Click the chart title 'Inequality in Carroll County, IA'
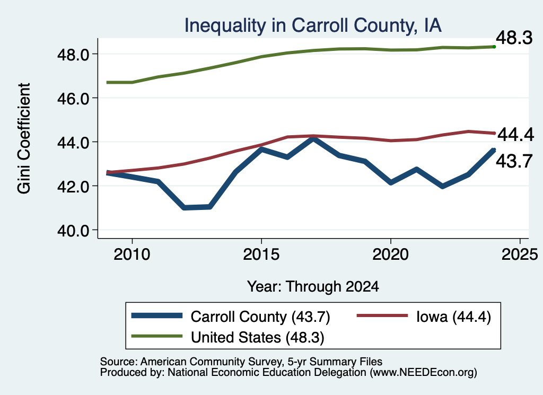pos(313,26)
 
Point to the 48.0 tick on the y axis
pos(73,55)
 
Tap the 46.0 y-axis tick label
pos(73,98)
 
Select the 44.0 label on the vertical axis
pos(73,142)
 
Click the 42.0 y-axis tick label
pos(73,186)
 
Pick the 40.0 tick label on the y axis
pos(73,230)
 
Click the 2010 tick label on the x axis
pos(132,254)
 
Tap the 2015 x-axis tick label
pos(261,254)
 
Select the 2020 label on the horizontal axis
pos(391,254)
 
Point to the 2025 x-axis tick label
pos(520,254)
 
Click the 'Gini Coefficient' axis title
pos(24,138)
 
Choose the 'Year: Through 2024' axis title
pos(313,287)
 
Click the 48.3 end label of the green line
pos(514,38)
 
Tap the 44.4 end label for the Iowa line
pos(515,135)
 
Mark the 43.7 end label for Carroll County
pos(514,161)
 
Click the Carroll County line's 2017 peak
pos(313,139)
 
